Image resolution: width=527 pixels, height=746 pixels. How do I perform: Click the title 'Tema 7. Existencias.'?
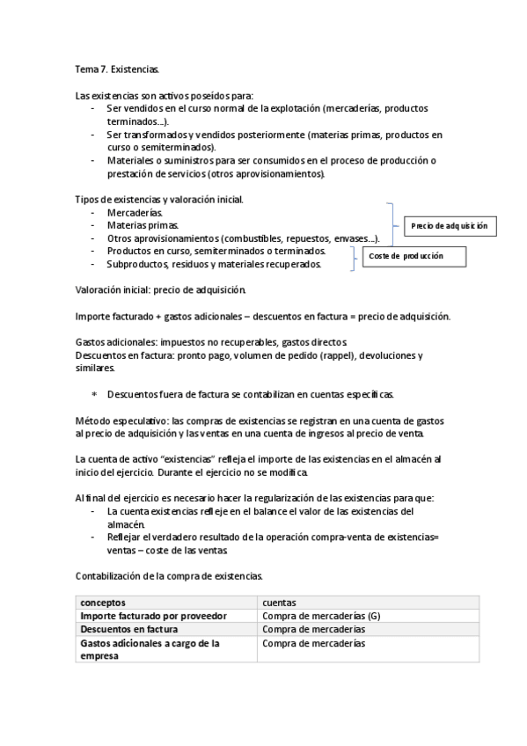tap(117, 68)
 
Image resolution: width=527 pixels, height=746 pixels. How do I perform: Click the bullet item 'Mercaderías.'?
tap(135, 213)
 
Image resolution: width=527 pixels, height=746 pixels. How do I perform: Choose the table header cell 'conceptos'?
tap(103, 602)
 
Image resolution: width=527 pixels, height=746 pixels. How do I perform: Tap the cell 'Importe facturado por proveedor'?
tap(154, 616)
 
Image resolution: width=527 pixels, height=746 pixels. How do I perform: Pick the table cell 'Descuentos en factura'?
tap(129, 630)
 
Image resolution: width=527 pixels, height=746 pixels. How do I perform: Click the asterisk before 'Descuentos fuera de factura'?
tap(95, 393)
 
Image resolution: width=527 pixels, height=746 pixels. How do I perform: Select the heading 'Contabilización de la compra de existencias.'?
tap(168, 575)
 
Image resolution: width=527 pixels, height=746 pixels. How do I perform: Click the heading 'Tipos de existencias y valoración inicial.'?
tap(159, 200)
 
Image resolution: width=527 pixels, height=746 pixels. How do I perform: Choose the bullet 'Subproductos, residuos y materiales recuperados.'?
tap(214, 264)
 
